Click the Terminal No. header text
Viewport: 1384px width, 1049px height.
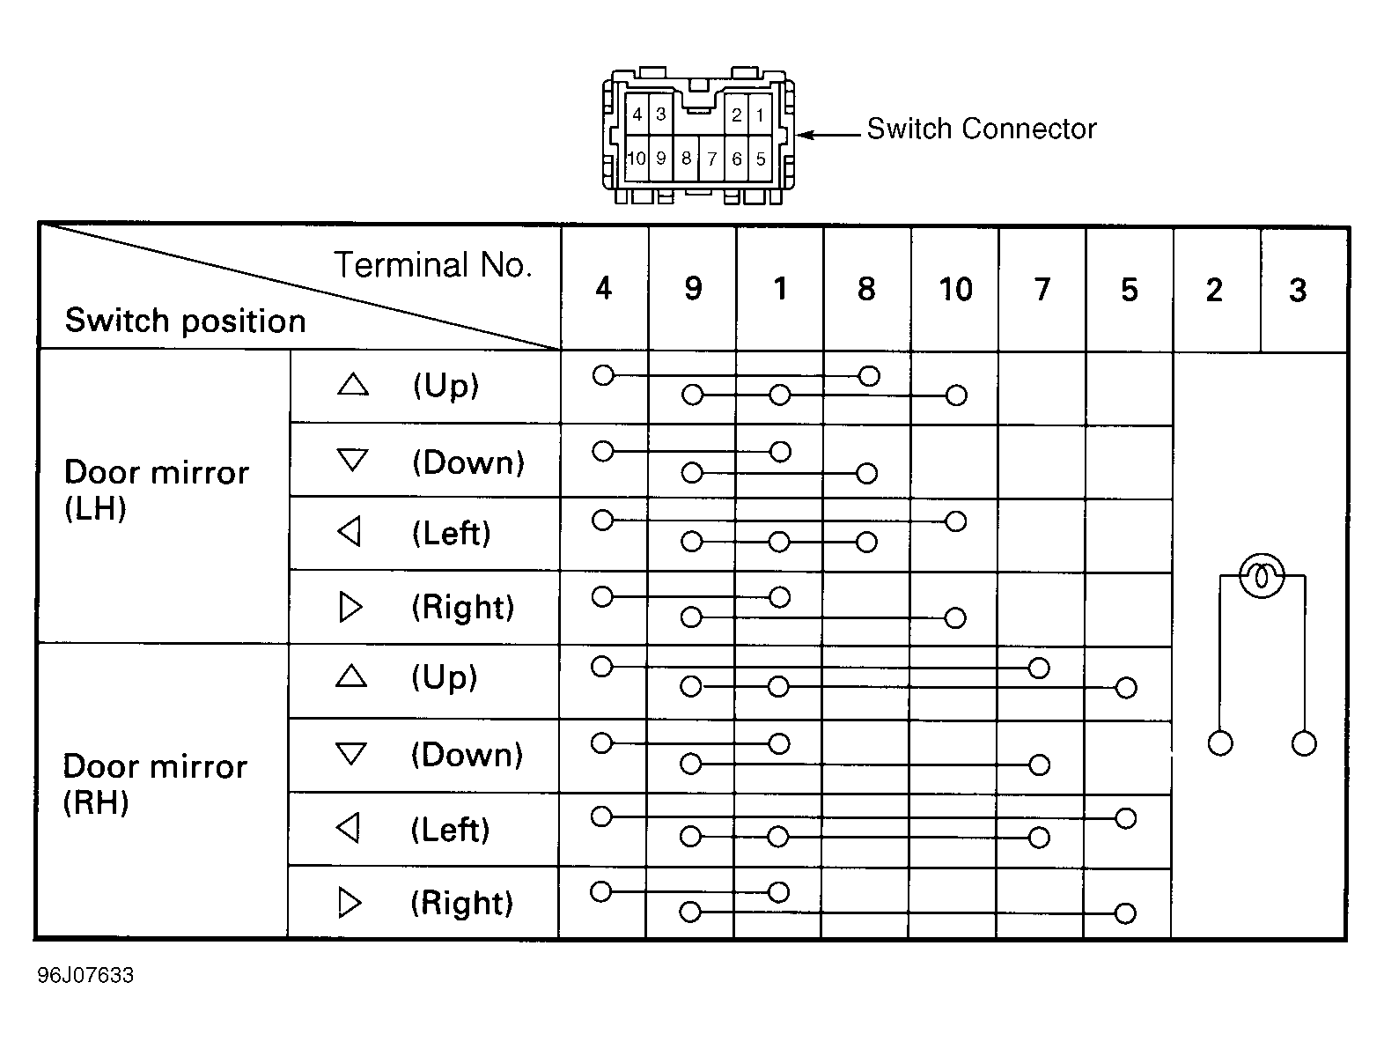coord(432,265)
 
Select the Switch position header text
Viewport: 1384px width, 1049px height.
coord(186,321)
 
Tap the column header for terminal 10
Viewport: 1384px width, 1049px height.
coord(955,290)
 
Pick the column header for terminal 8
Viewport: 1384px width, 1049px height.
coord(866,290)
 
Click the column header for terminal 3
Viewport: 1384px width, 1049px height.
coord(1298,290)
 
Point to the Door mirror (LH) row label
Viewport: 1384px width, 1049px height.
coord(157,490)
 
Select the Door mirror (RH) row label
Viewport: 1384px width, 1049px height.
coord(155,784)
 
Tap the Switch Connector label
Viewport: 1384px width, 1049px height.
coord(982,129)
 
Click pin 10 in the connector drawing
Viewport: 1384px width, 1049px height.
coord(637,158)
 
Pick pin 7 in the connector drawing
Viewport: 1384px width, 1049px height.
coord(712,159)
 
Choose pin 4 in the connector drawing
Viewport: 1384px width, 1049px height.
coord(637,115)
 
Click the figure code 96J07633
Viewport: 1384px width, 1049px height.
coord(85,975)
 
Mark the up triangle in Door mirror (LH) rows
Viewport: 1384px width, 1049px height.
coord(353,384)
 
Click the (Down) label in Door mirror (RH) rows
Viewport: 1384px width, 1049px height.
coord(467,755)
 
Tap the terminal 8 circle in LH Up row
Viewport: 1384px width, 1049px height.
coord(869,376)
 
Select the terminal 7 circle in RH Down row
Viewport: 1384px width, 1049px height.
coord(1039,765)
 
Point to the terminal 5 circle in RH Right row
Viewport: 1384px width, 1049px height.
coord(1125,913)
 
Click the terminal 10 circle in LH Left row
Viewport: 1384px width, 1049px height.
coord(956,521)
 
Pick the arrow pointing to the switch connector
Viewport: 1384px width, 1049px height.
coord(828,135)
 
